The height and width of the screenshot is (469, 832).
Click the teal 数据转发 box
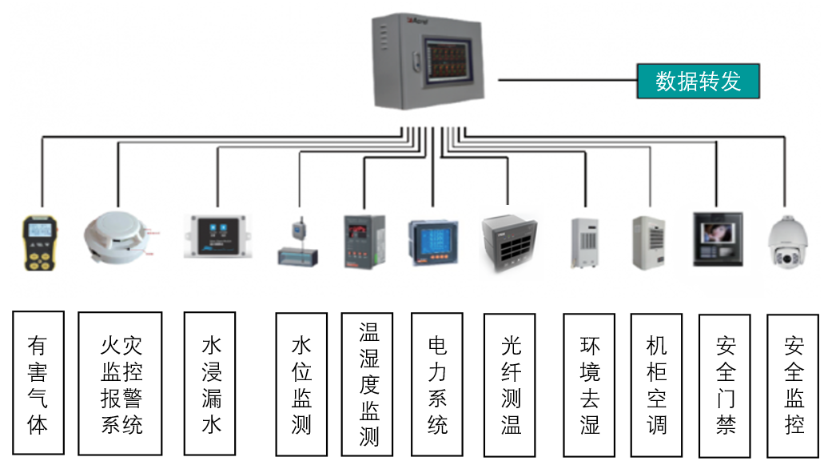pyautogui.click(x=697, y=81)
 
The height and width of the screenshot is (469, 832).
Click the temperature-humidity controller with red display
pyautogui.click(x=364, y=239)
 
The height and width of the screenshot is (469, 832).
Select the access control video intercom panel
pyautogui.click(x=716, y=239)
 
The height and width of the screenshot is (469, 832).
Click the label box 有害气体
pyautogui.click(x=38, y=383)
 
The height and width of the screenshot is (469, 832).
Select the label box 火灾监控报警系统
pyautogui.click(x=120, y=383)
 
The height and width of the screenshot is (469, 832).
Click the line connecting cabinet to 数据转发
pyautogui.click(x=567, y=81)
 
